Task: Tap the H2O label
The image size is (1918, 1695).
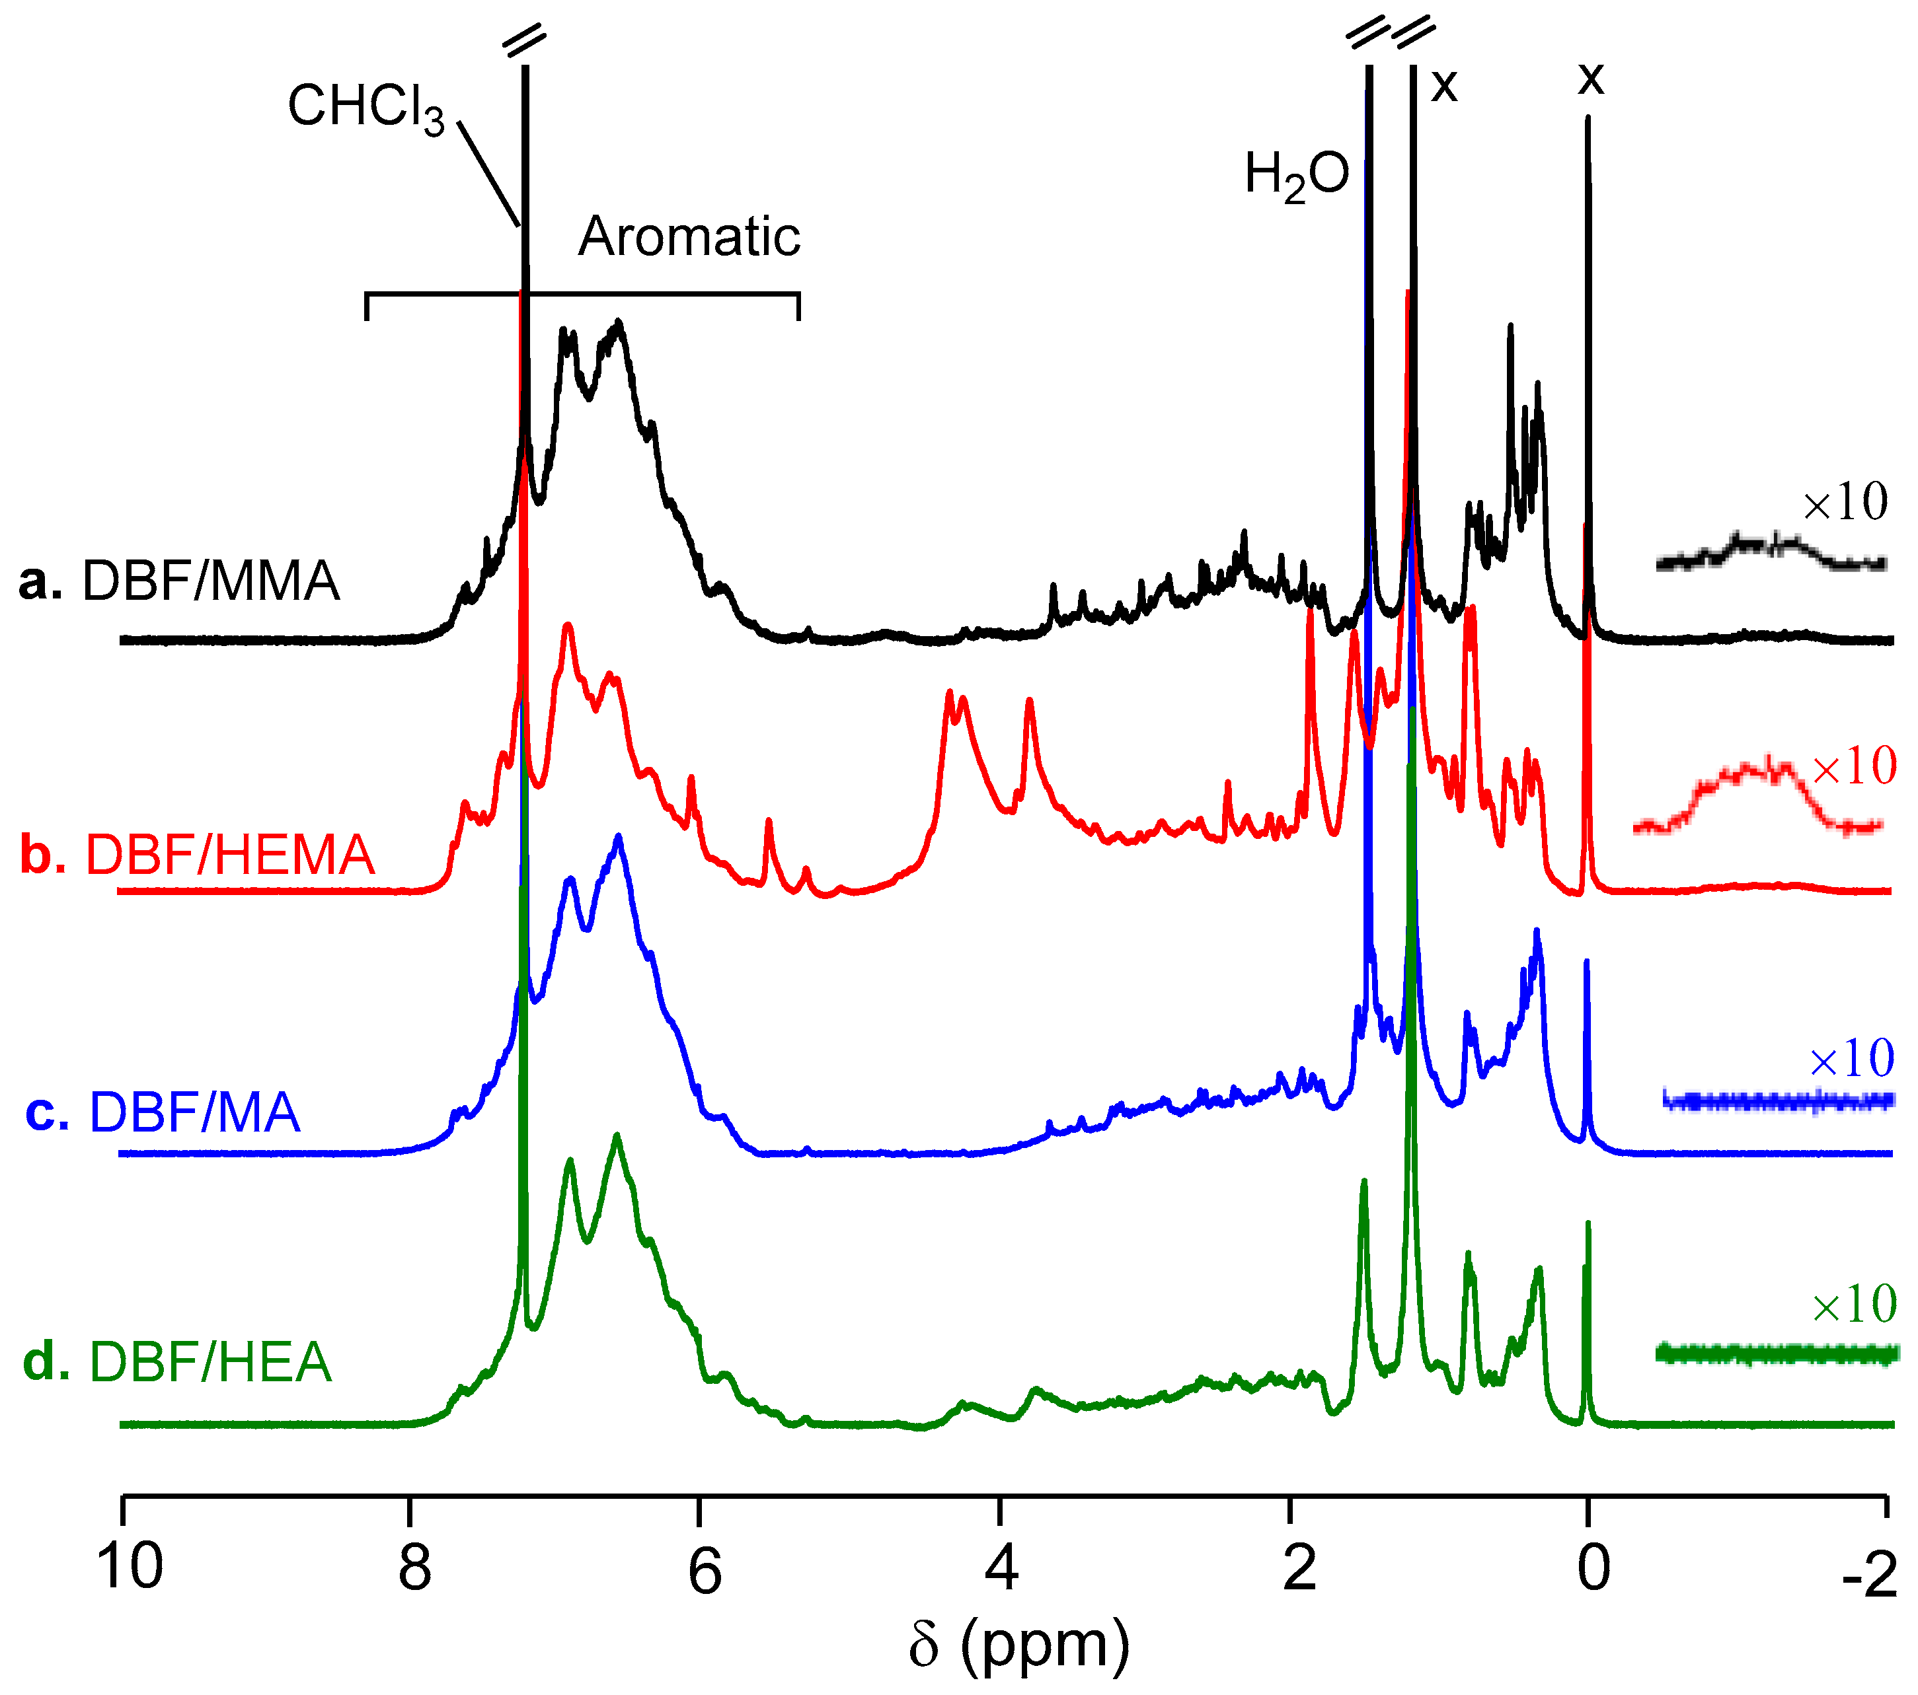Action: click(1296, 176)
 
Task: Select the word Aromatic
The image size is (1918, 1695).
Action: click(689, 236)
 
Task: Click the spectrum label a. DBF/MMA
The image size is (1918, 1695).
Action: click(178, 581)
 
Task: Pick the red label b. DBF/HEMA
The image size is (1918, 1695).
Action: click(197, 855)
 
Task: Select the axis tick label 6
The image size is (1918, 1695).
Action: click(704, 1571)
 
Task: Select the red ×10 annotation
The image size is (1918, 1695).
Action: click(1854, 766)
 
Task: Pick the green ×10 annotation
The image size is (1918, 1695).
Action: click(1854, 1305)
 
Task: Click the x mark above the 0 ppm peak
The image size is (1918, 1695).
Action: click(1591, 79)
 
